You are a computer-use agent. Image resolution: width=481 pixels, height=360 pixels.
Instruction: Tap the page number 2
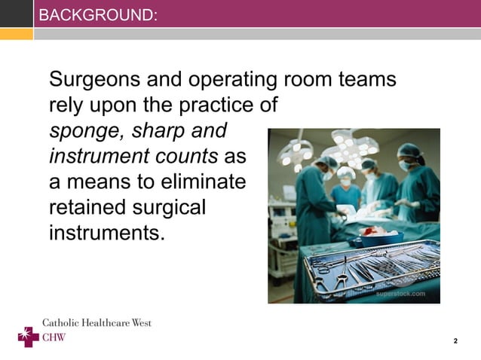(455, 341)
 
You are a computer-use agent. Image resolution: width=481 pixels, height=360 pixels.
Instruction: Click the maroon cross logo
(28, 336)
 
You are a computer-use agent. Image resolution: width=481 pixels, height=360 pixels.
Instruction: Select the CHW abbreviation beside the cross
(54, 337)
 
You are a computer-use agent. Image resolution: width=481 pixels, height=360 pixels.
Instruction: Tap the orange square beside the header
(17, 33)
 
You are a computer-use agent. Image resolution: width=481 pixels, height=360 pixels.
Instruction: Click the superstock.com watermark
(402, 294)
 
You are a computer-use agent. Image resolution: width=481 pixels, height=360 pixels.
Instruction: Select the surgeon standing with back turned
(311, 198)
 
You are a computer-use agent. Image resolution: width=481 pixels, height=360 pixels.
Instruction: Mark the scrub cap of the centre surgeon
(345, 172)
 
